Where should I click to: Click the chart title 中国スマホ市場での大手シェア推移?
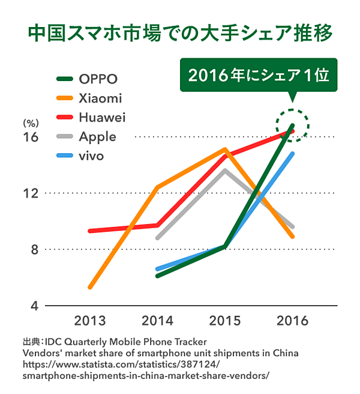tap(180, 34)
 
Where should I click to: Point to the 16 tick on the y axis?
tap(31, 137)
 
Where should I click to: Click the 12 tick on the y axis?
tap(31, 193)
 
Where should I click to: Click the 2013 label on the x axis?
tap(90, 320)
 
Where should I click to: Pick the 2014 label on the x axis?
tap(157, 320)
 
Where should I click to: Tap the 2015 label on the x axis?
tap(225, 320)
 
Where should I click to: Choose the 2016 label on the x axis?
tap(292, 320)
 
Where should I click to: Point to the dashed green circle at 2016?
tap(292, 126)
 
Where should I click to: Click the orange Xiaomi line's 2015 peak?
tap(224, 149)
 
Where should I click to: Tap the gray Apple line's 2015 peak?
tap(224, 170)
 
